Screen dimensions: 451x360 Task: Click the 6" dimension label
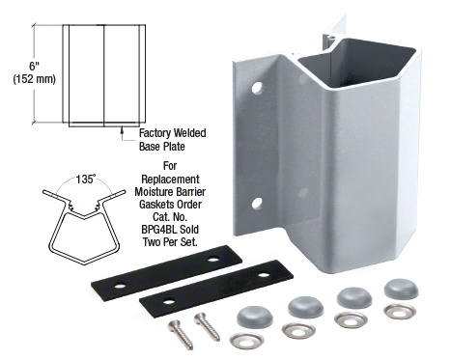tap(34, 67)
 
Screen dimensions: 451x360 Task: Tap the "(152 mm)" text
tap(35, 79)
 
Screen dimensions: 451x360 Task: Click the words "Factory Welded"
tap(173, 133)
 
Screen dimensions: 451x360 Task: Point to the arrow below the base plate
tap(122, 133)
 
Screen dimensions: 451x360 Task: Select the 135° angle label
tap(86, 179)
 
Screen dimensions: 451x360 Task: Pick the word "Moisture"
tap(154, 192)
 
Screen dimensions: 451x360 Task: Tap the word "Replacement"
tap(170, 180)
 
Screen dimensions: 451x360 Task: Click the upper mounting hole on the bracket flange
tap(257, 88)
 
